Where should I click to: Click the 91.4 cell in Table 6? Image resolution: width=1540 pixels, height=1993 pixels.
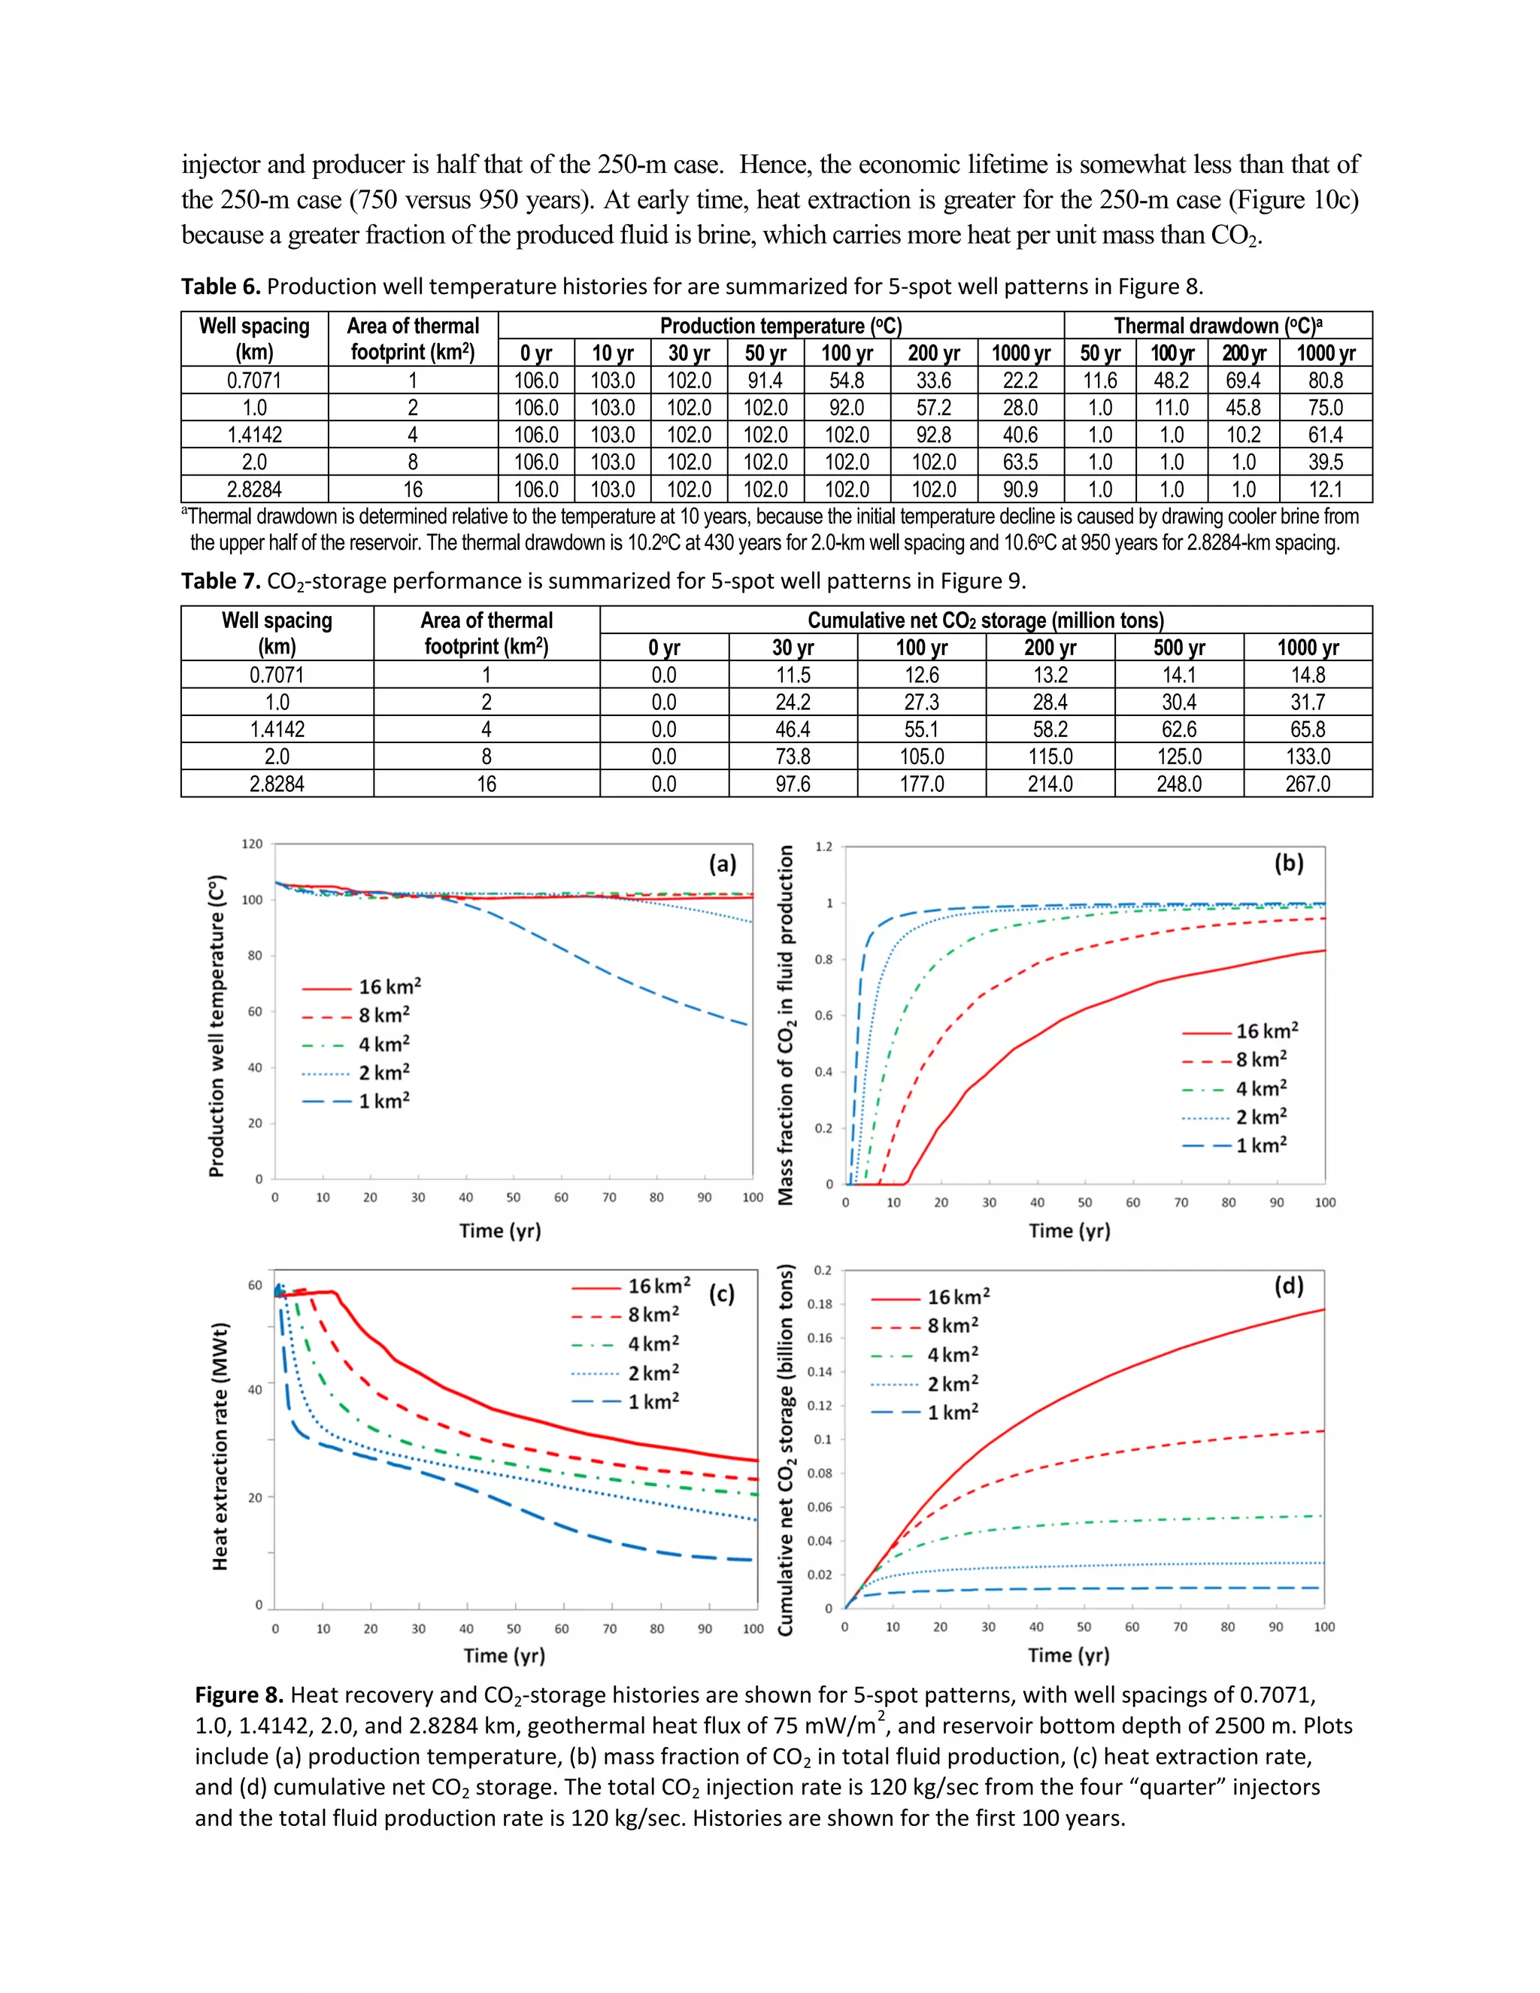pyautogui.click(x=765, y=381)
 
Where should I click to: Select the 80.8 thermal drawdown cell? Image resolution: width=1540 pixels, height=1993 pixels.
pyautogui.click(x=1325, y=381)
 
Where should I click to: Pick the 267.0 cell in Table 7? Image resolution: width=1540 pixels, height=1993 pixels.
pyautogui.click(x=1308, y=784)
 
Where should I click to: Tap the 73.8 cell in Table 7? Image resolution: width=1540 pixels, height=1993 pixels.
pyautogui.click(x=792, y=757)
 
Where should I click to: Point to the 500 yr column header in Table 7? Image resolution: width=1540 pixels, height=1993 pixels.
pyautogui.click(x=1179, y=648)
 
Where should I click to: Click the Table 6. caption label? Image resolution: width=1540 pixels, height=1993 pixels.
pyautogui.click(x=221, y=287)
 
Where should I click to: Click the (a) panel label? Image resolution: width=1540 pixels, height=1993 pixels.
pyautogui.click(x=723, y=863)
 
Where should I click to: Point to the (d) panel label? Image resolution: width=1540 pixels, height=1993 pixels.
pyautogui.click(x=1288, y=1286)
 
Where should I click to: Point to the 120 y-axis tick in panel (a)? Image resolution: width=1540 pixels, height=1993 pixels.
pyautogui.click(x=252, y=844)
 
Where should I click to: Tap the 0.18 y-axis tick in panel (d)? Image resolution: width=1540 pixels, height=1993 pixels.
pyautogui.click(x=820, y=1304)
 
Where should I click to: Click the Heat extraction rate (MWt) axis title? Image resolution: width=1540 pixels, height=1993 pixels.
pyautogui.click(x=220, y=1446)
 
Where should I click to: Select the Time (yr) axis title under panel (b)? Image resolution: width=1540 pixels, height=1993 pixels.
pyautogui.click(x=1069, y=1231)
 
